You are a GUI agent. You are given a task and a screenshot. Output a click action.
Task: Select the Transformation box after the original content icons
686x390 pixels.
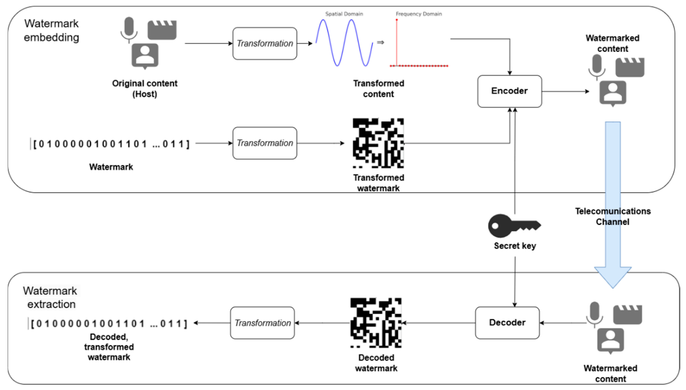(x=265, y=43)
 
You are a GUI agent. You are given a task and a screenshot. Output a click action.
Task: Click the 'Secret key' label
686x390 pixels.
(x=515, y=246)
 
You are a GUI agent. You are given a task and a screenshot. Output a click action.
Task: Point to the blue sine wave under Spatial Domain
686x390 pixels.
(x=344, y=43)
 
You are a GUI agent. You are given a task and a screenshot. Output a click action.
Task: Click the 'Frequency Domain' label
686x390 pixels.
(x=419, y=14)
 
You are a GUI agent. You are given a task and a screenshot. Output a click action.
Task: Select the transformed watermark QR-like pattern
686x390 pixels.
(x=378, y=143)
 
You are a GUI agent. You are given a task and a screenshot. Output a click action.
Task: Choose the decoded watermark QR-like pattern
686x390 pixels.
(x=376, y=323)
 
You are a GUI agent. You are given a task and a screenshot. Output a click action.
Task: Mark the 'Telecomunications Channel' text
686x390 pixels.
(x=612, y=216)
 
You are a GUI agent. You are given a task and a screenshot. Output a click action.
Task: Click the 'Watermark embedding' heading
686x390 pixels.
(x=52, y=30)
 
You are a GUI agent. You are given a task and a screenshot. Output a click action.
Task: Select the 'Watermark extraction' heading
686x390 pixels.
(x=50, y=297)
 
